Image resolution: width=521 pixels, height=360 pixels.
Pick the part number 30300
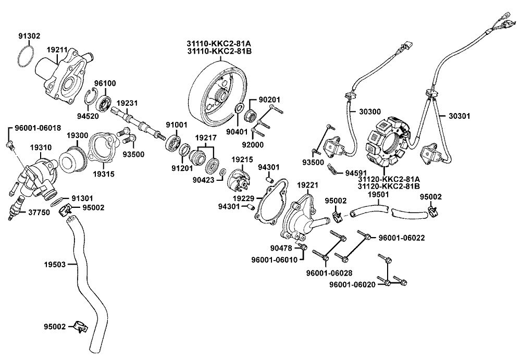[x=369, y=111]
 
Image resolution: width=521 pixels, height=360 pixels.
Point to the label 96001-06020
[x=355, y=284]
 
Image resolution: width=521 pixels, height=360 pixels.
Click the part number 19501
[x=379, y=194]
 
